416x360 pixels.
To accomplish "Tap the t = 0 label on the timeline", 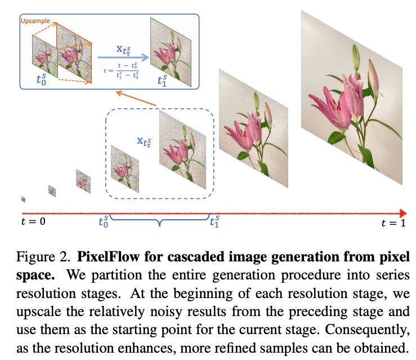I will tap(30, 221).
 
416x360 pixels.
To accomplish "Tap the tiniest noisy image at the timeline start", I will tap(23, 199).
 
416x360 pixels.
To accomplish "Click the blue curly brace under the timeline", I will tap(160, 221).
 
